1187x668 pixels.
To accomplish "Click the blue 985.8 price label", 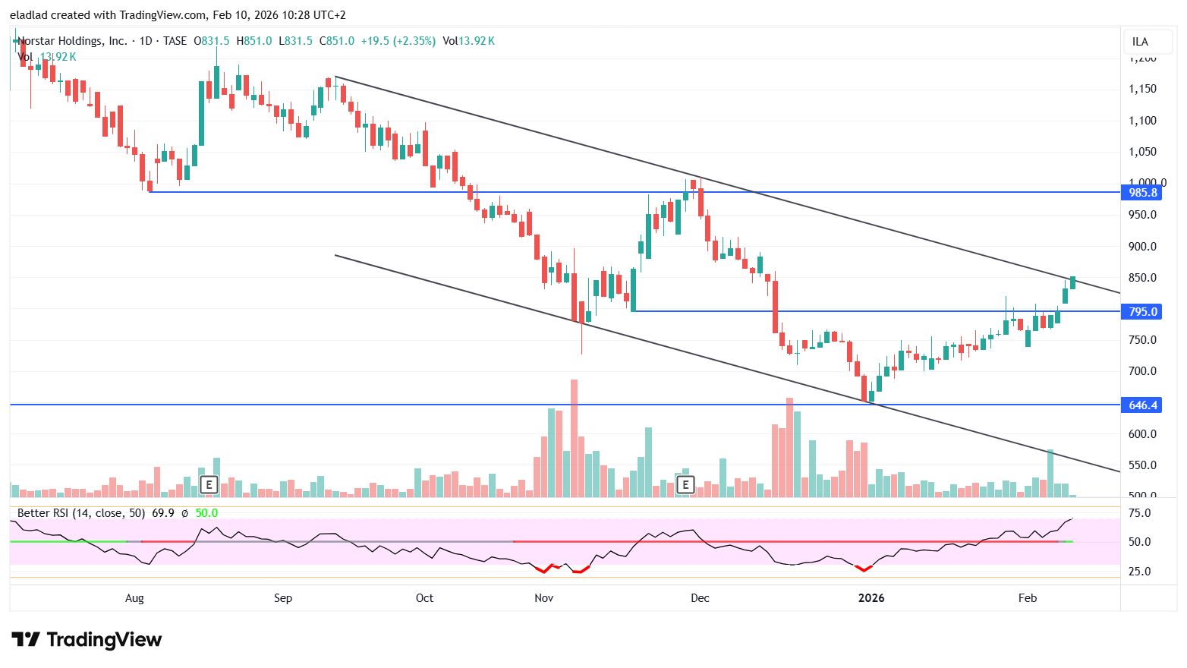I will (x=1142, y=193).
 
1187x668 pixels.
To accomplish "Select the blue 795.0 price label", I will (x=1142, y=312).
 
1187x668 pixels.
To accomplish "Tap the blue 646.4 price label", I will (x=1142, y=405).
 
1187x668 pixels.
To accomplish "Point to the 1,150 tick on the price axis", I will (x=1142, y=89).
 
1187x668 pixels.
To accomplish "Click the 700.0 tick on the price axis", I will (x=1142, y=371).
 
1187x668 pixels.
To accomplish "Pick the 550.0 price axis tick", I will (x=1142, y=465).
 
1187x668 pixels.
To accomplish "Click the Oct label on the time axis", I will (x=424, y=598).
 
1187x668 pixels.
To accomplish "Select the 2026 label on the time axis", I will (x=871, y=598).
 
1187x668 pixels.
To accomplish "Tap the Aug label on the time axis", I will (x=134, y=598).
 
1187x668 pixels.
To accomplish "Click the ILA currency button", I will (x=1140, y=42).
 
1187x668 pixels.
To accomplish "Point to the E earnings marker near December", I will (x=685, y=484).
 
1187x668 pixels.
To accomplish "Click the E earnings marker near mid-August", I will (x=209, y=484).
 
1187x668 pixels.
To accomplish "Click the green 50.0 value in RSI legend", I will (x=206, y=513).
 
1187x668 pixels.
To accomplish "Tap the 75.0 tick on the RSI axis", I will (x=1139, y=513).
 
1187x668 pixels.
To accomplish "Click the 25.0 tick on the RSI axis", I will (x=1139, y=572).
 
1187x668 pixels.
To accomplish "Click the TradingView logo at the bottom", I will (x=87, y=640).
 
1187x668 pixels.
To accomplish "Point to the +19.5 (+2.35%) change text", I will (x=398, y=41).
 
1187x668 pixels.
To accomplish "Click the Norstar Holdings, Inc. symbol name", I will (x=73, y=41).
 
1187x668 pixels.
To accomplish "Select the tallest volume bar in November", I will (x=574, y=439).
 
